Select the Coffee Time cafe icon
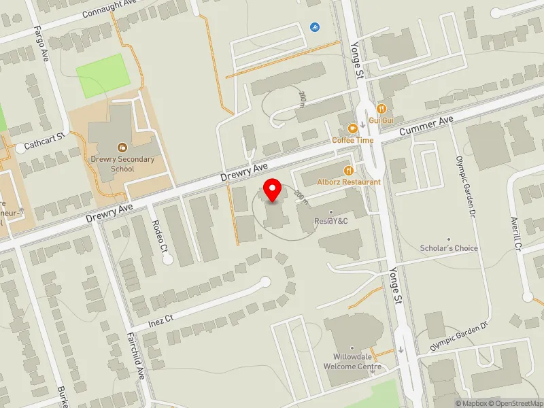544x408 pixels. click(x=352, y=129)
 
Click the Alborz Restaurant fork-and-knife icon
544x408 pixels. click(x=348, y=171)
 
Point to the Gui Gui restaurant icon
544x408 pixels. click(x=382, y=108)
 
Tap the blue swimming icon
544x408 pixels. click(x=315, y=27)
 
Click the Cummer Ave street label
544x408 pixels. click(x=426, y=125)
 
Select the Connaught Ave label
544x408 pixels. click(x=110, y=12)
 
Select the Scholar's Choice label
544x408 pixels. click(x=449, y=248)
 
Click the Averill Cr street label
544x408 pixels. click(x=515, y=233)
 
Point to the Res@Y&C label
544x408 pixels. click(x=331, y=221)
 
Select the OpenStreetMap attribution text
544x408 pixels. click(x=518, y=403)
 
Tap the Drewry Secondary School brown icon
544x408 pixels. click(x=122, y=147)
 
